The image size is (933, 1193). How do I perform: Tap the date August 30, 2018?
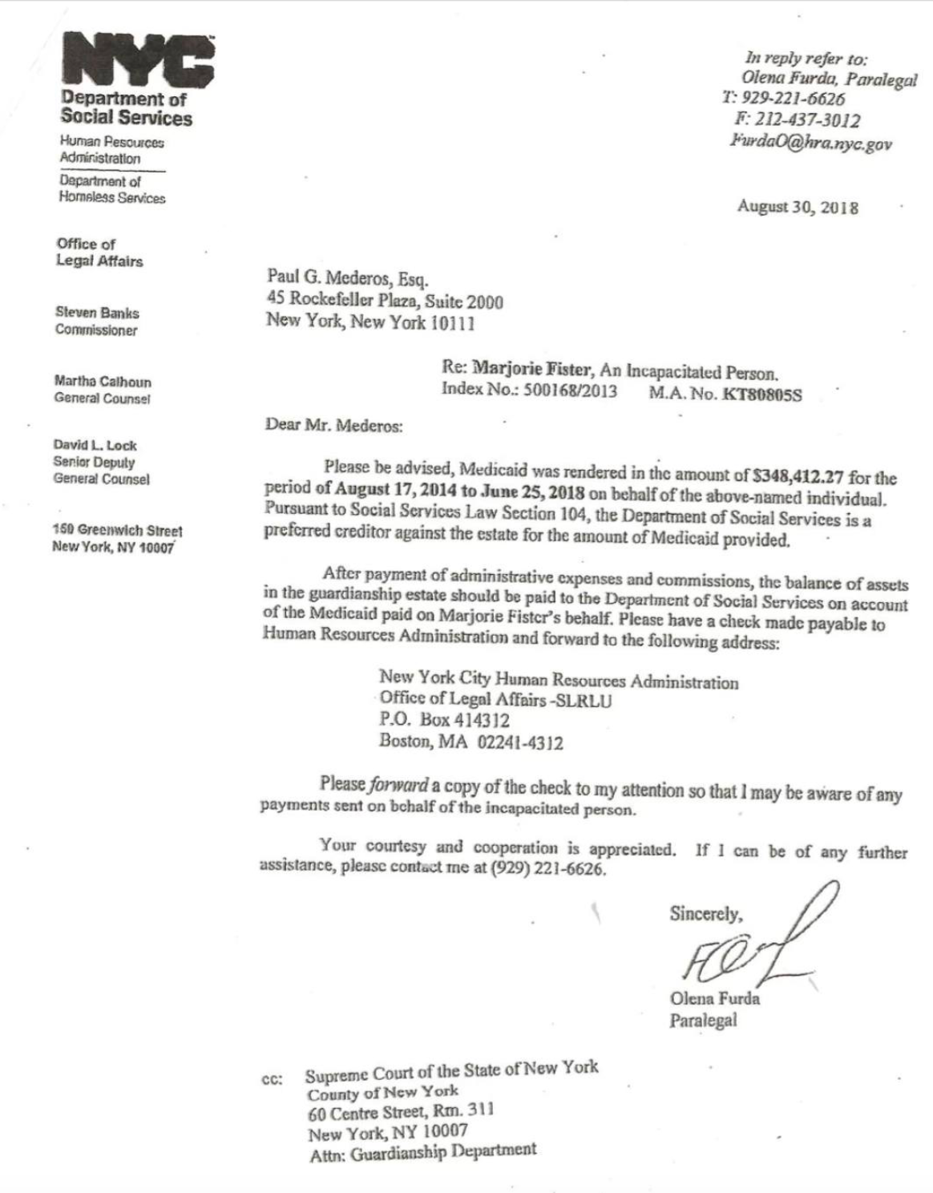pyautogui.click(x=798, y=207)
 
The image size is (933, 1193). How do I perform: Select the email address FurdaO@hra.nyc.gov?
pyautogui.click(x=810, y=144)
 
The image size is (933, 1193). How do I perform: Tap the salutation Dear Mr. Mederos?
pyautogui.click(x=334, y=425)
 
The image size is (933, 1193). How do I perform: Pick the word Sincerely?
pyautogui.click(x=706, y=913)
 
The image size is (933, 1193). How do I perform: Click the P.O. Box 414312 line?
pyautogui.click(x=444, y=720)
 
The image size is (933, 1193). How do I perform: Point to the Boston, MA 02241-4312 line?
pyautogui.click(x=471, y=742)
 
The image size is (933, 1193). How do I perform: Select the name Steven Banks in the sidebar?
pyautogui.click(x=97, y=313)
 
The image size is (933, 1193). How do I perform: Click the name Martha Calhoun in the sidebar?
pyautogui.click(x=103, y=382)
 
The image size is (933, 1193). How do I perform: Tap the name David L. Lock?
pyautogui.click(x=95, y=445)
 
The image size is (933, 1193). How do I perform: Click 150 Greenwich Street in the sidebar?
pyautogui.click(x=117, y=531)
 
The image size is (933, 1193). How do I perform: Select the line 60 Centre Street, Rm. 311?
pyautogui.click(x=401, y=1112)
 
